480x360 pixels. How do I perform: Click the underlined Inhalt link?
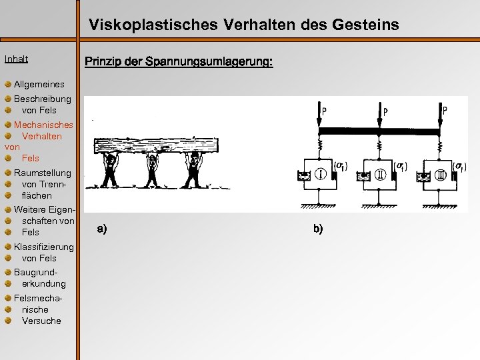pyautogui.click(x=16, y=59)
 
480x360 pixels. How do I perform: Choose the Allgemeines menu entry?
pyautogui.click(x=39, y=85)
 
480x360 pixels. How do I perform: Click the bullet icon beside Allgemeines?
pyautogui.click(x=7, y=85)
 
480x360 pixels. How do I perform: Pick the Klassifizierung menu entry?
pyautogui.click(x=44, y=247)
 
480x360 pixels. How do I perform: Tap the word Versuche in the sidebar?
pyautogui.click(x=41, y=321)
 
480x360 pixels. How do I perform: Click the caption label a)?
pyautogui.click(x=101, y=229)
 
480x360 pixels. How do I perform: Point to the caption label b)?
pyautogui.click(x=317, y=229)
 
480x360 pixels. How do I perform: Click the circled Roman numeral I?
pyautogui.click(x=319, y=176)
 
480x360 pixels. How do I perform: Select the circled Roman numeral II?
pyautogui.click(x=379, y=176)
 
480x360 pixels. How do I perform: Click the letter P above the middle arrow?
pyautogui.click(x=385, y=113)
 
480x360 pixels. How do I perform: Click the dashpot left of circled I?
pyautogui.click(x=302, y=177)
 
